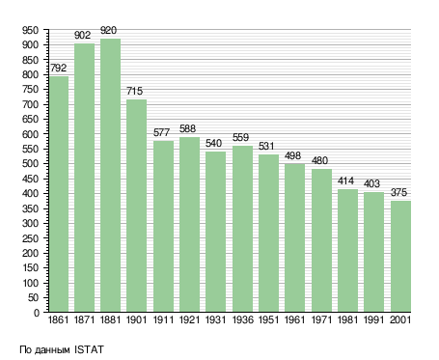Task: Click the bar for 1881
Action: click(110, 176)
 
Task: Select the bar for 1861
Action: click(59, 194)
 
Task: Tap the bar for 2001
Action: click(400, 257)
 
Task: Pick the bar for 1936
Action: click(242, 229)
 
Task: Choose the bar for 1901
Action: click(136, 206)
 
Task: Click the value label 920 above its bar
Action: click(108, 31)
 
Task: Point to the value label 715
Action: click(134, 91)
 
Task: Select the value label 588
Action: click(187, 128)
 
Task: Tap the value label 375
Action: click(398, 192)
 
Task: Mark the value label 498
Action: click(292, 155)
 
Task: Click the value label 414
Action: click(345, 181)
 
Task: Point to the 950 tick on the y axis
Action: click(30, 30)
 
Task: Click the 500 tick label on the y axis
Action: click(30, 164)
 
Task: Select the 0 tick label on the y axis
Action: click(37, 313)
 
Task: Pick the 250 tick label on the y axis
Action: click(30, 238)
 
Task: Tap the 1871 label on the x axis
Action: click(84, 320)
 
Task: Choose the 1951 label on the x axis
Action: click(268, 320)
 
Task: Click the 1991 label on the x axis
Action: click(373, 320)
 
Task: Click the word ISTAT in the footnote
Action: click(89, 349)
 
